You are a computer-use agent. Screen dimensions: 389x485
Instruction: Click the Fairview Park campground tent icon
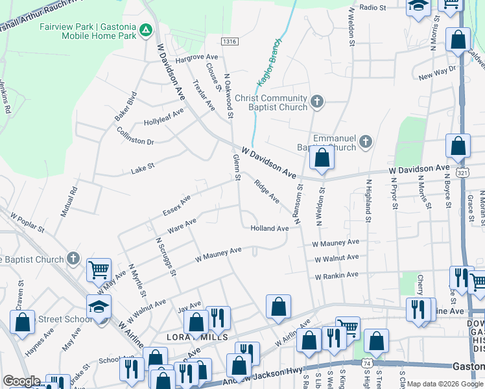coord(147,30)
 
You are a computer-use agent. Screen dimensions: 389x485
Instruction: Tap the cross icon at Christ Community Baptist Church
coord(316,102)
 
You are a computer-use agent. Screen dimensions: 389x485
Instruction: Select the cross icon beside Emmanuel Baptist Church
coord(366,142)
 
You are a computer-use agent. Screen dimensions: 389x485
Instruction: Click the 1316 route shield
coord(229,41)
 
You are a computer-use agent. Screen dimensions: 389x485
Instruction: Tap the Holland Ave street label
coord(269,228)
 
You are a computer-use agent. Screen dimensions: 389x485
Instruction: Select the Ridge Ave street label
coord(266,191)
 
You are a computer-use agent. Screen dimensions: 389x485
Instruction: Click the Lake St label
coord(143,167)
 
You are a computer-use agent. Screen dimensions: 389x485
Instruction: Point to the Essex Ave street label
coord(177,205)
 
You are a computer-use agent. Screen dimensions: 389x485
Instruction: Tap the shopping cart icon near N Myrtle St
coord(99,270)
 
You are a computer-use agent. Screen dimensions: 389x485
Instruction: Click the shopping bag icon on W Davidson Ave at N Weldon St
coord(322,158)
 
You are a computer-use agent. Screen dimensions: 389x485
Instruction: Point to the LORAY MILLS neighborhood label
coord(197,338)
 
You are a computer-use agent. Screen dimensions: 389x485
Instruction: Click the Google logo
coord(21,381)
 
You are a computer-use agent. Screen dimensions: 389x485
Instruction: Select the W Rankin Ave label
coord(337,275)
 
